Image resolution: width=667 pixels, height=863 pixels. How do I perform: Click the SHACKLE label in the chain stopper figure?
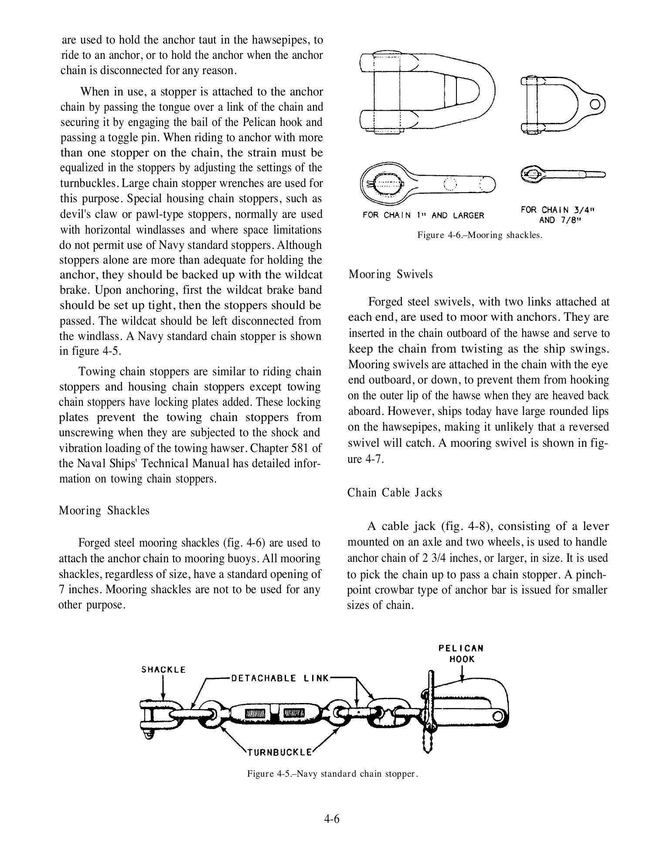pyautogui.click(x=163, y=670)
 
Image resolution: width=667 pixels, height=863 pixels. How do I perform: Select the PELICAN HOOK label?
pyautogui.click(x=461, y=653)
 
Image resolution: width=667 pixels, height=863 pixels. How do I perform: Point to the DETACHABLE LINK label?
pyautogui.click(x=280, y=678)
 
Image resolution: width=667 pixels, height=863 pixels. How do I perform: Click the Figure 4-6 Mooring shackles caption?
pyautogui.click(x=480, y=235)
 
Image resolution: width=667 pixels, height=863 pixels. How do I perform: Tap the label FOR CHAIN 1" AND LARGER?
pyautogui.click(x=423, y=215)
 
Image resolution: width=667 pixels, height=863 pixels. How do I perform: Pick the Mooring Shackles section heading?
pyautogui.click(x=104, y=510)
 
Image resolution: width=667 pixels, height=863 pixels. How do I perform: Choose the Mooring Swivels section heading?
pyautogui.click(x=391, y=274)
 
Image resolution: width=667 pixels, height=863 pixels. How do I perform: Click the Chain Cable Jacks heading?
pyautogui.click(x=395, y=493)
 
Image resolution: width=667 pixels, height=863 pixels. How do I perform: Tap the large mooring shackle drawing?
pyautogui.click(x=427, y=92)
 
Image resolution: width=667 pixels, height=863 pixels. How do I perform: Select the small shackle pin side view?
pyautogui.click(x=562, y=174)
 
